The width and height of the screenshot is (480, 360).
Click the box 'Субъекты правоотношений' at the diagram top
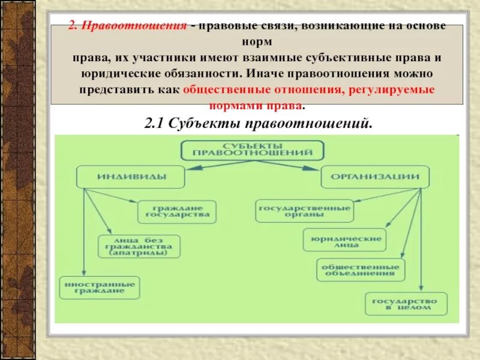(253, 150)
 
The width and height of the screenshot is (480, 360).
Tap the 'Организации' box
(375, 177)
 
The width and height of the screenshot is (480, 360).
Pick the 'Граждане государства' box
(177, 211)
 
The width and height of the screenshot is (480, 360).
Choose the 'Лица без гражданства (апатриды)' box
(139, 246)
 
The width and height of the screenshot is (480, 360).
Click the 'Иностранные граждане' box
(100, 287)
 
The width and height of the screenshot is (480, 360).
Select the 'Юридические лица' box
(344, 240)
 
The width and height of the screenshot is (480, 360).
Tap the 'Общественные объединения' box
(360, 269)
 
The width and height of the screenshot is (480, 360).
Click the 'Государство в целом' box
(406, 304)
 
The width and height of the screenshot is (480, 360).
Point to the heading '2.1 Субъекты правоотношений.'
(259, 124)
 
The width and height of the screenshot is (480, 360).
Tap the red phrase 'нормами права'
(256, 105)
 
